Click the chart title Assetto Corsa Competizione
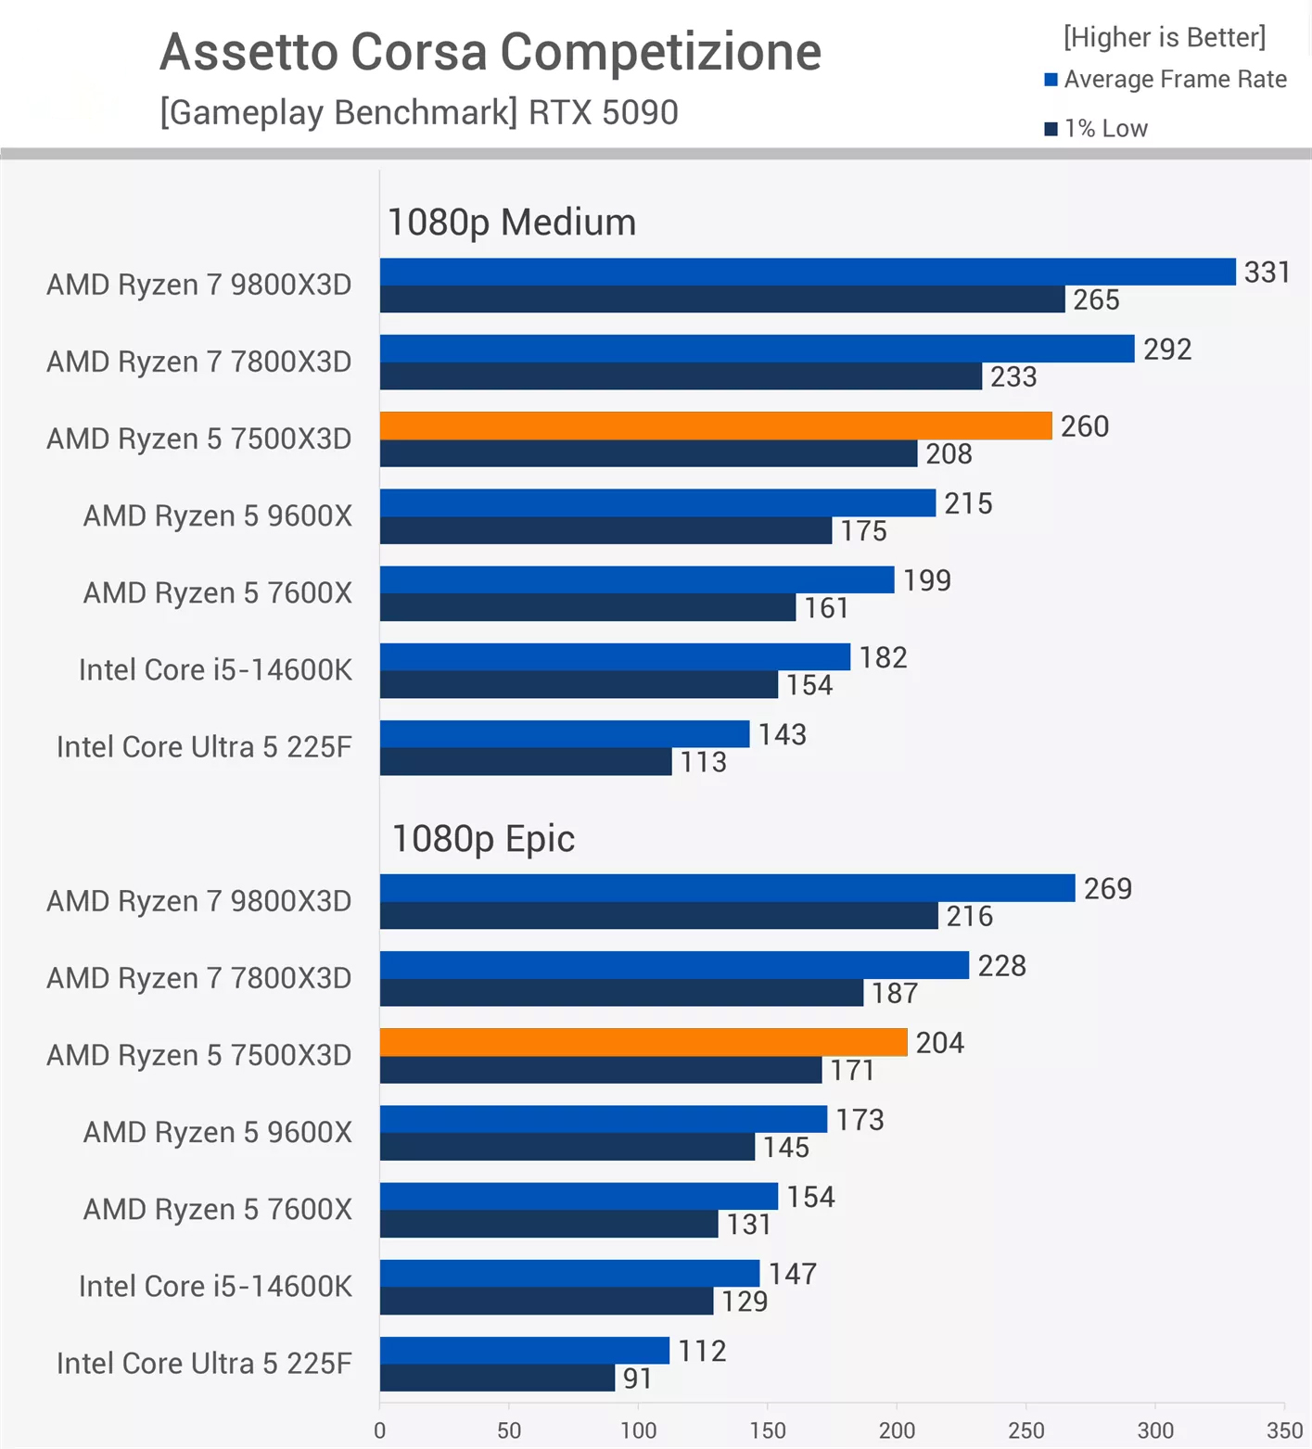click(490, 51)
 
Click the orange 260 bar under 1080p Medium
click(715, 426)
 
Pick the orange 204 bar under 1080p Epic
click(643, 1042)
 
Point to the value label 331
click(1267, 273)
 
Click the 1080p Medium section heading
click(511, 222)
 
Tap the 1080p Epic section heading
click(483, 839)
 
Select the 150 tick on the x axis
click(768, 1430)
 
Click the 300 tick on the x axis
click(1155, 1430)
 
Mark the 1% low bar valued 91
click(497, 1379)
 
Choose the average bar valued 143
click(564, 734)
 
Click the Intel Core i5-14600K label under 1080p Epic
click(215, 1287)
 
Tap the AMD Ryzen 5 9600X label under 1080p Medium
click(218, 516)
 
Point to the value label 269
click(1107, 889)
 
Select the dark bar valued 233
click(680, 376)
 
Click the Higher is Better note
click(1164, 37)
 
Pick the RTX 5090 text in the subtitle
click(603, 113)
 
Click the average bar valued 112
click(524, 1351)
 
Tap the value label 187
click(894, 994)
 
